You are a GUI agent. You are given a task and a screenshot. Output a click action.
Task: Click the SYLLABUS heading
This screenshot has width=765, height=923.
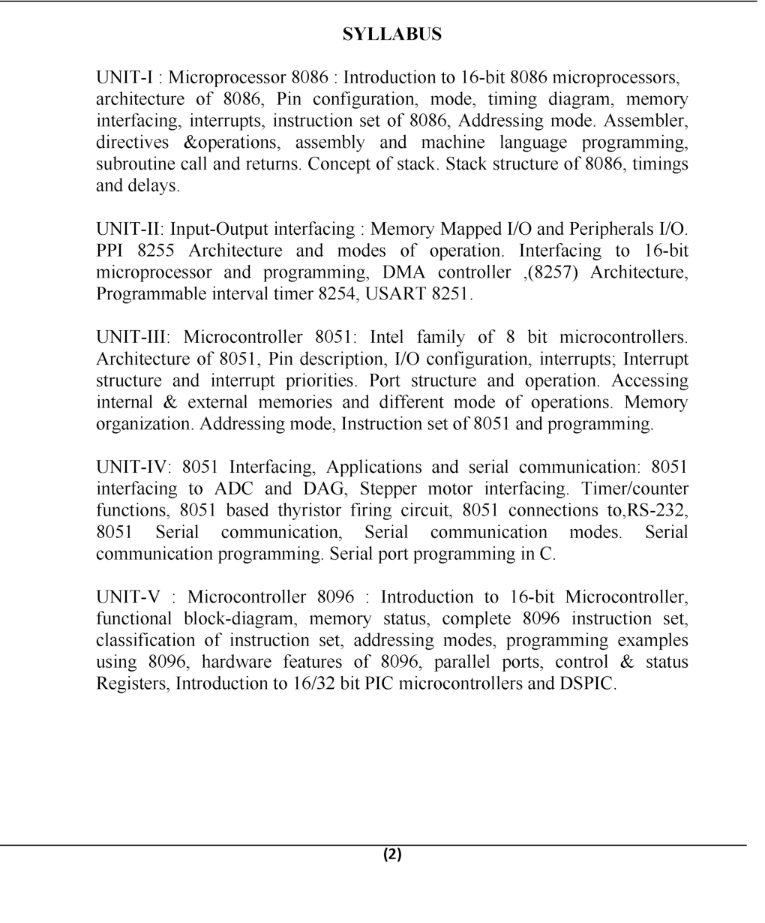392,35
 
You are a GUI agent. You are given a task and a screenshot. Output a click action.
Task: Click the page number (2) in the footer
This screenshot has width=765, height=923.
392,854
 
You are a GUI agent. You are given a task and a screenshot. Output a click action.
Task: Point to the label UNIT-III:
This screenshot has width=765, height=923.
134,338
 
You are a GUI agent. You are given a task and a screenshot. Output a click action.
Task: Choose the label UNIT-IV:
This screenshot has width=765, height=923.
134,468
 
